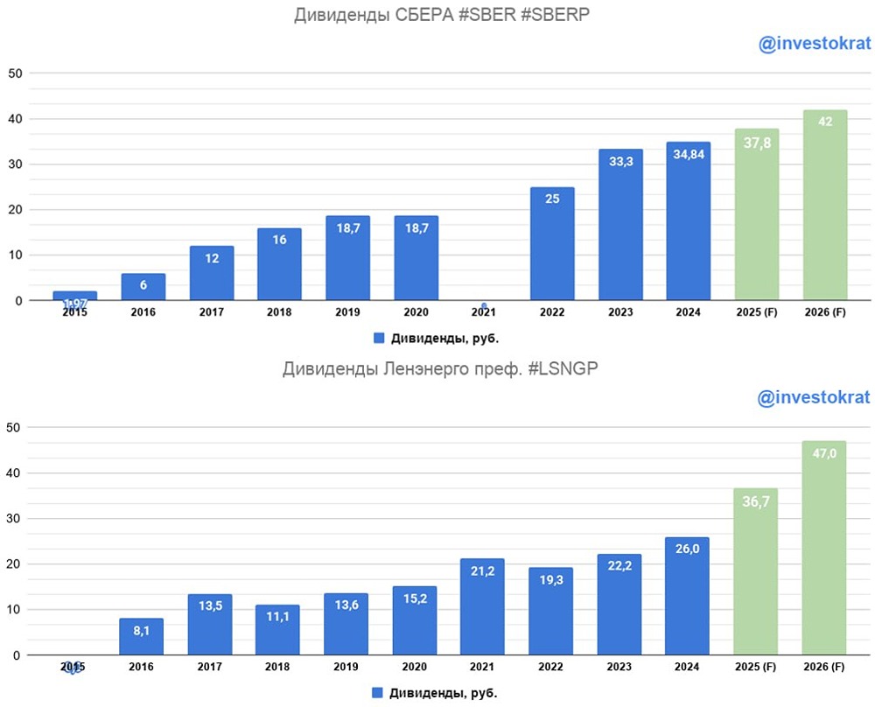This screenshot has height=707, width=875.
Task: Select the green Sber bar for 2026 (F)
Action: pyautogui.click(x=824, y=206)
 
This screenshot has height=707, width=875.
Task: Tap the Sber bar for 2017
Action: pyautogui.click(x=211, y=273)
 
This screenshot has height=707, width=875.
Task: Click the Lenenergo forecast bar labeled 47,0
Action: pyautogui.click(x=824, y=548)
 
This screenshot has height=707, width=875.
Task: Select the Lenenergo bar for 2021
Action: pyautogui.click(x=483, y=606)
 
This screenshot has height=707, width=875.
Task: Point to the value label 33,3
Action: pyautogui.click(x=620, y=163)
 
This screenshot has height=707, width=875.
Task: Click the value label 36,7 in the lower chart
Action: pyautogui.click(x=756, y=502)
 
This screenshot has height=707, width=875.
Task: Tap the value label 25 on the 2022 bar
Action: pyautogui.click(x=552, y=199)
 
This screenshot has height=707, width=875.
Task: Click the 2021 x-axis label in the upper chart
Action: pyautogui.click(x=483, y=312)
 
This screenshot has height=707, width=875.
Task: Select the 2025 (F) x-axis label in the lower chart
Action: pyautogui.click(x=756, y=667)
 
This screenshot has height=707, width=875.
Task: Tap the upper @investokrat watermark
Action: pyautogui.click(x=814, y=45)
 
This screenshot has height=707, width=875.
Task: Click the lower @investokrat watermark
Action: pyautogui.click(x=814, y=397)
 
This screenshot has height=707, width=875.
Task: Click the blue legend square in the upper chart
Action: pyautogui.click(x=379, y=338)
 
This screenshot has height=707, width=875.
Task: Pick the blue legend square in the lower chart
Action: pyautogui.click(x=377, y=692)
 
